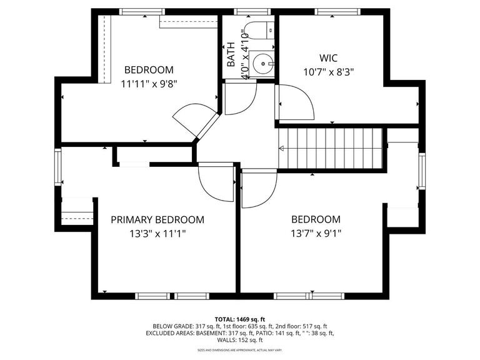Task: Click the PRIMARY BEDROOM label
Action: point(157,220)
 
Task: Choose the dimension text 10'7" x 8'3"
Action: point(327,71)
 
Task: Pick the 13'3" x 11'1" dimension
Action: point(157,234)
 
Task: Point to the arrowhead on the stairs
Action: point(282,148)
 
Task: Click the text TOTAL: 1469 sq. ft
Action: point(240,318)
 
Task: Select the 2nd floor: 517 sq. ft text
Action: point(302,326)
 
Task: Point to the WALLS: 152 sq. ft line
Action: point(240,341)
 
